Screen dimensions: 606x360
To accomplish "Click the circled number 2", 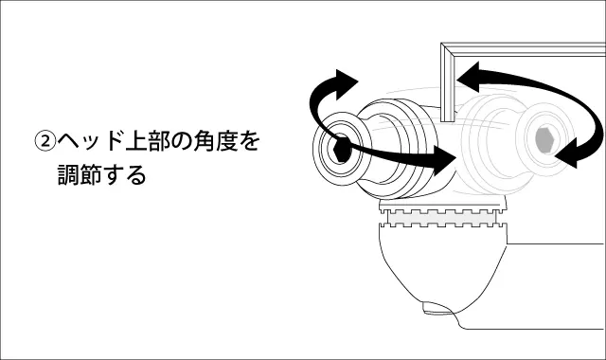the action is click(x=45, y=141).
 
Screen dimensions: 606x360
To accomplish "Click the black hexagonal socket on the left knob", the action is click(x=342, y=149).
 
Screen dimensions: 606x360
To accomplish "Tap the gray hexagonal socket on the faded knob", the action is click(x=545, y=139).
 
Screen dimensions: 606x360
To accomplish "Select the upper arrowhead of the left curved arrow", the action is click(x=347, y=83).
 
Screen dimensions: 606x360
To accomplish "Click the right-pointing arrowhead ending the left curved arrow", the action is click(x=444, y=161).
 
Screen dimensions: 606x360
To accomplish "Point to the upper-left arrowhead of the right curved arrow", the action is click(x=469, y=77).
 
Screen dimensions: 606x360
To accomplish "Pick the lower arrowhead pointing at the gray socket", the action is click(x=567, y=153).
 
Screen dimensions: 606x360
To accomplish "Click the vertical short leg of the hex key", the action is click(x=448, y=82).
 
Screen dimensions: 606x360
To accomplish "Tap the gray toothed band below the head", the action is click(x=442, y=218).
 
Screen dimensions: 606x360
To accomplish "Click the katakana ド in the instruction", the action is click(x=113, y=141).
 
